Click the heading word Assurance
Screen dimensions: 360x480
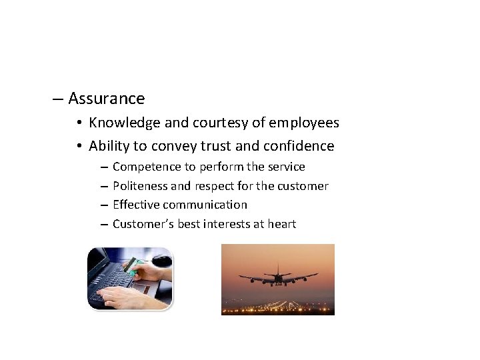pos(106,99)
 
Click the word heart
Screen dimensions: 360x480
pos(281,224)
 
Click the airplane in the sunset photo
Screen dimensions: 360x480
pos(274,275)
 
